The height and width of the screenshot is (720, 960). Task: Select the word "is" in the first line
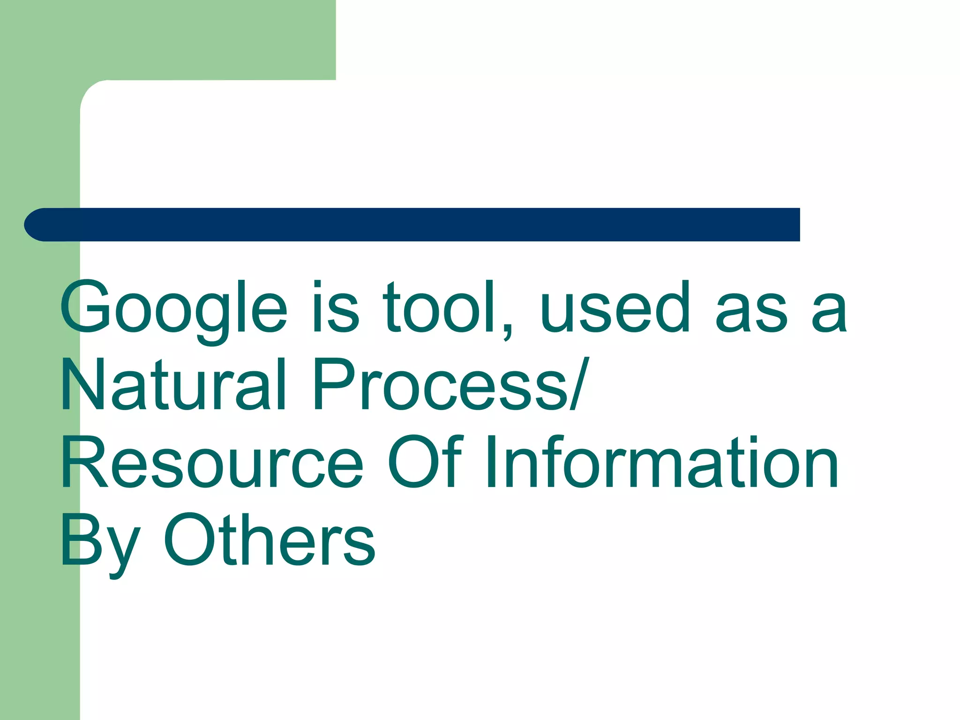[335, 307]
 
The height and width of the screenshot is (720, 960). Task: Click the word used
[615, 307]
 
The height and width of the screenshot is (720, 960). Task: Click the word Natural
[173, 384]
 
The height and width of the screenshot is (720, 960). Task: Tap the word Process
[441, 384]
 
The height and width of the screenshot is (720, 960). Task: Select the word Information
[661, 462]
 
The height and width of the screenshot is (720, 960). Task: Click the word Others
[269, 539]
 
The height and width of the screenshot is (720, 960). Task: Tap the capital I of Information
[491, 462]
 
